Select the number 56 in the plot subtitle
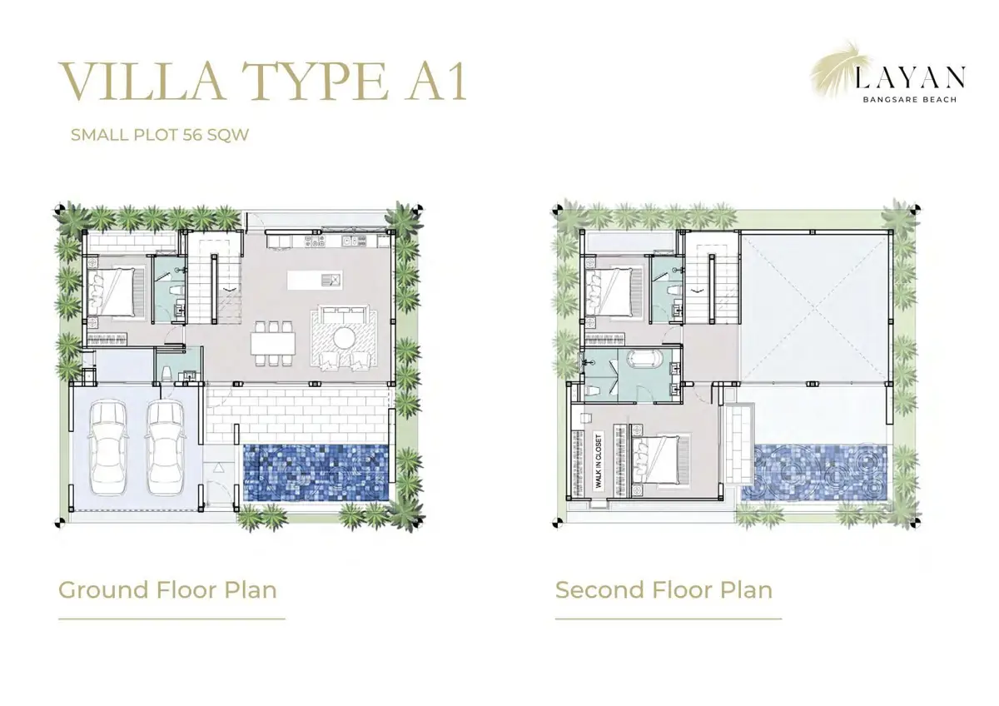tap(192, 135)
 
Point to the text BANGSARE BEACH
tap(910, 99)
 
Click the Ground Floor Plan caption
tap(167, 589)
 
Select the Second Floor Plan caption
tap(664, 589)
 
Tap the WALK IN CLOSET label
tap(598, 460)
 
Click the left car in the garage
tap(108, 446)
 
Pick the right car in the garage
tap(166, 446)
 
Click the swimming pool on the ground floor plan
tap(316, 473)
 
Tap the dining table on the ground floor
tap(273, 343)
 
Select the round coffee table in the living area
tap(345, 338)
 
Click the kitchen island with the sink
tap(315, 280)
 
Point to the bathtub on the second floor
tap(645, 360)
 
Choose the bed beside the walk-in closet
tap(656, 460)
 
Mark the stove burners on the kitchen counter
tap(316, 241)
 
